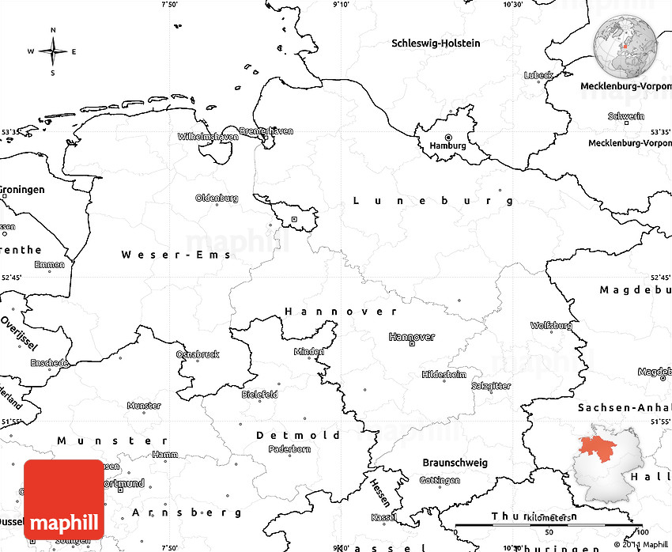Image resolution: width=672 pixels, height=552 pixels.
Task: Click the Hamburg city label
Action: pos(447,146)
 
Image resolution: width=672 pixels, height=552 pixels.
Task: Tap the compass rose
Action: pos(53,52)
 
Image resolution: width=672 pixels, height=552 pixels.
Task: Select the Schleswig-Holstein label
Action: pos(436,43)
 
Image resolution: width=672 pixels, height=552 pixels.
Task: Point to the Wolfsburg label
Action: pos(551,325)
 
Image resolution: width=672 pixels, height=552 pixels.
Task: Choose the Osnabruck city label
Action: pos(198,354)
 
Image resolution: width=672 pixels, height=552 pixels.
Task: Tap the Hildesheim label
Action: pos(444,374)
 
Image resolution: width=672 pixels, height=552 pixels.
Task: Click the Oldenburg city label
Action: pos(217,198)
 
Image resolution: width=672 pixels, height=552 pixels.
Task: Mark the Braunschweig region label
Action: pos(455,463)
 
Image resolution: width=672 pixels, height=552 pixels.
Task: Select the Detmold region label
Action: pos(298,435)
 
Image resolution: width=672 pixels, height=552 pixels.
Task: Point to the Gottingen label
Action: pos(440,480)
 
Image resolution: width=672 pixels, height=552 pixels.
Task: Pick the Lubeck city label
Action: pos(538,75)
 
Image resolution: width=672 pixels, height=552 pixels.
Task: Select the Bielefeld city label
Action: pos(259,394)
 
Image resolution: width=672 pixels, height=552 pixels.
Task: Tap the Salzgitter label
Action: pos(491,385)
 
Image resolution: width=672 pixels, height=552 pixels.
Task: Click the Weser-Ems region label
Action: pos(176,255)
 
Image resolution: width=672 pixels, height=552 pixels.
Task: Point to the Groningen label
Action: pos(22,190)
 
